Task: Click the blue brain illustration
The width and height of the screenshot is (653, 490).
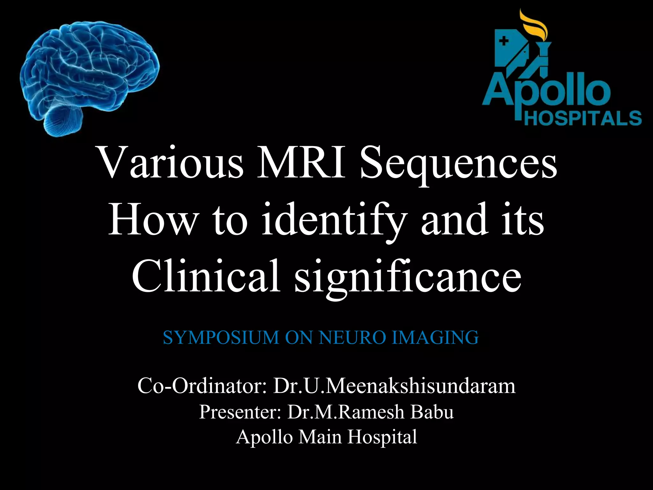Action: point(89,70)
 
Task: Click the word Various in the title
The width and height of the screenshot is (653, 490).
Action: point(171,166)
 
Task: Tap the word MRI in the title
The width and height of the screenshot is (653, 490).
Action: point(301,166)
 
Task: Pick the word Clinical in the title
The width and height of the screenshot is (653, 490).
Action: point(206,276)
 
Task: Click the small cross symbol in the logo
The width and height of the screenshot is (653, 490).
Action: point(503,41)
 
